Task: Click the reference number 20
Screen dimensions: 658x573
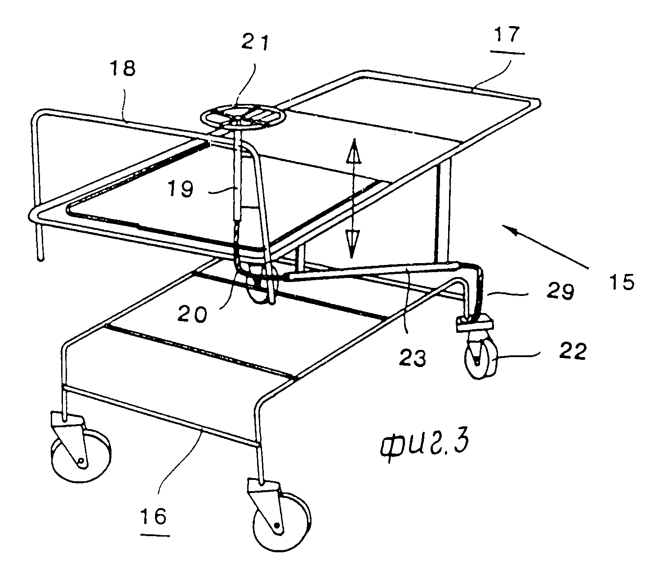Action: point(192,314)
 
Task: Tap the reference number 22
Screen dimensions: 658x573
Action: point(573,351)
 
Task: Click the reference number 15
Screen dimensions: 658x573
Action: point(622,282)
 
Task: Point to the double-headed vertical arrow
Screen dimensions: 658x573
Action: point(353,198)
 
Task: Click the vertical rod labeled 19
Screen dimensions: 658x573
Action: point(236,180)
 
